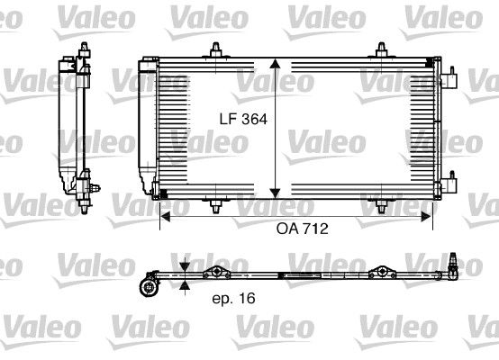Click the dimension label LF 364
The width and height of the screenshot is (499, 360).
coord(243,120)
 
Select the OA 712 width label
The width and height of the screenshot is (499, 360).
coord(302,229)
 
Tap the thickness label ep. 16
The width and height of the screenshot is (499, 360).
coord(233,298)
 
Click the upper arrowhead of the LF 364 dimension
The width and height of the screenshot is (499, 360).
coord(275,63)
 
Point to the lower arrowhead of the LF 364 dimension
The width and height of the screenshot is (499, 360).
coord(275,193)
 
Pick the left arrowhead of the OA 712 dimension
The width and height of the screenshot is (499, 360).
coord(166,217)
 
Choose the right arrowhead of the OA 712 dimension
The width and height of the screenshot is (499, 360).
coord(426,217)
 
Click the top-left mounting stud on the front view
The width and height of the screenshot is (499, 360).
coord(216,50)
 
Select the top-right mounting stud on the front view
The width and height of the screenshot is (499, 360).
coord(382,50)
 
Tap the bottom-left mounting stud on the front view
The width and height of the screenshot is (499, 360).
coord(216,206)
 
